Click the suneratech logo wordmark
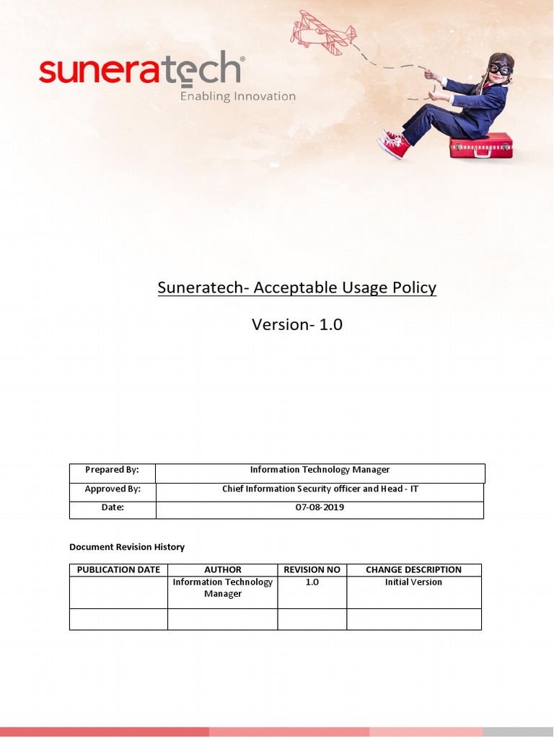(141, 71)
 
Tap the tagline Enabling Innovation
(237, 97)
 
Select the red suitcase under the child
(480, 146)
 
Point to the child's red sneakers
(395, 143)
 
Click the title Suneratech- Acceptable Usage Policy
(296, 288)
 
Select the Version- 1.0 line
(296, 324)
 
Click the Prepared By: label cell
(112, 470)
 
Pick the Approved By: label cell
(112, 489)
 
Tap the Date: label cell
(112, 507)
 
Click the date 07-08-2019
(320, 507)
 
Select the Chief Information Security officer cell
(320, 489)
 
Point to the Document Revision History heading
(127, 547)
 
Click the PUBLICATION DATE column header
(118, 569)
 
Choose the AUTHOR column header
(223, 569)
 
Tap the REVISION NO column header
(312, 569)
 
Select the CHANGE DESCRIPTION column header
(413, 569)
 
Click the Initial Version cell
(413, 582)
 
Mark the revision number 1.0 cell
(312, 582)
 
